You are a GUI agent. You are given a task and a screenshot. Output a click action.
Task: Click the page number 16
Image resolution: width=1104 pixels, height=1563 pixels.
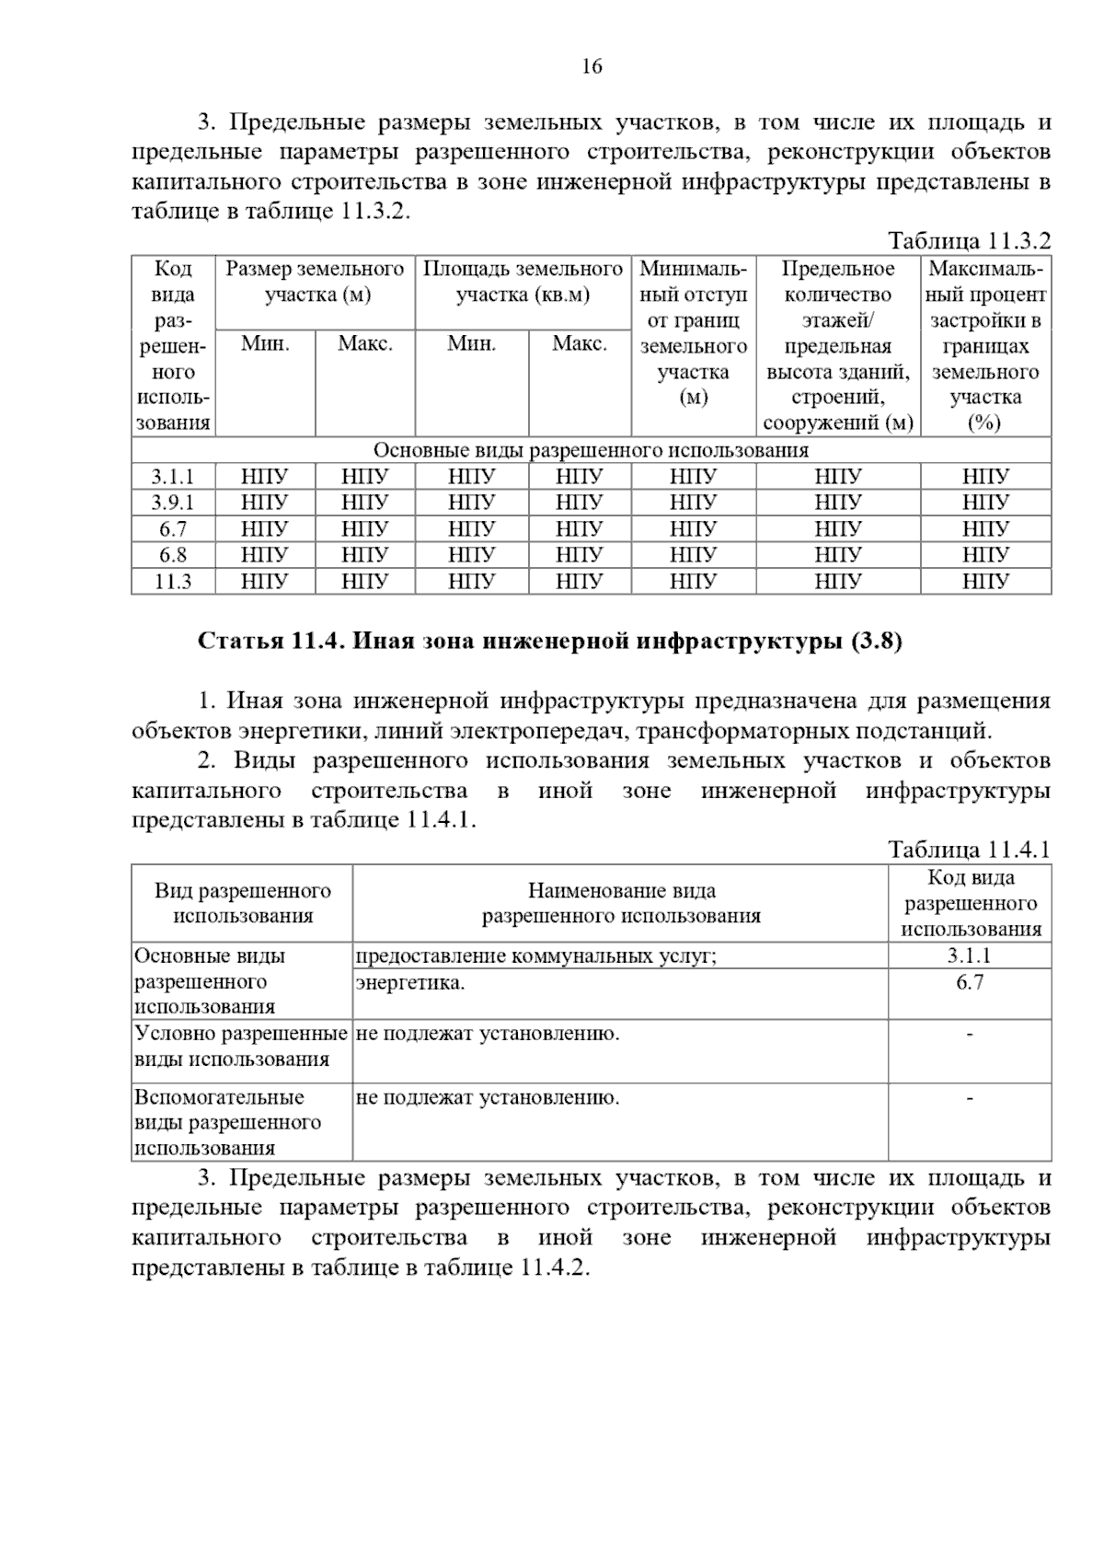pyautogui.click(x=592, y=66)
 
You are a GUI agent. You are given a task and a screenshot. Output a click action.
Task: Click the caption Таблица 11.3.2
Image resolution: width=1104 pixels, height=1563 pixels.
pyautogui.click(x=968, y=241)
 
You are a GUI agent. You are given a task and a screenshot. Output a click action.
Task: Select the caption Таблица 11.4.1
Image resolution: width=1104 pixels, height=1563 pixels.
pyautogui.click(x=968, y=850)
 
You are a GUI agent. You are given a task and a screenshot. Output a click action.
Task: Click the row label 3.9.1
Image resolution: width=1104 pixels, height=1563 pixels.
pyautogui.click(x=173, y=503)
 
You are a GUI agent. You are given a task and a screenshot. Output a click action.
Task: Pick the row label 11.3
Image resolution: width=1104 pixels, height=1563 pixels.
pyautogui.click(x=173, y=582)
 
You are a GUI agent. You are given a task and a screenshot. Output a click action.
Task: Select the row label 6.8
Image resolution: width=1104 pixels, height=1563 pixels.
pyautogui.click(x=173, y=555)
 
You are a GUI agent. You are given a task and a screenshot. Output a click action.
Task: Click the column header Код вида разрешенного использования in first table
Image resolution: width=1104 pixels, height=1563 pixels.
pyautogui.click(x=173, y=345)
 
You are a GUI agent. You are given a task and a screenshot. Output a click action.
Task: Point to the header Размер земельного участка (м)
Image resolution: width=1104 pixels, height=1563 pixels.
pyautogui.click(x=315, y=282)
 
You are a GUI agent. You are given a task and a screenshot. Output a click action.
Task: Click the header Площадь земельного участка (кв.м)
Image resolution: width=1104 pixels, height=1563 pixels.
pyautogui.click(x=523, y=282)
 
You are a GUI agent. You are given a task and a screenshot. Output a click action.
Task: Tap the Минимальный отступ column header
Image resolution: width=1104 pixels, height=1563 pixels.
pyautogui.click(x=693, y=332)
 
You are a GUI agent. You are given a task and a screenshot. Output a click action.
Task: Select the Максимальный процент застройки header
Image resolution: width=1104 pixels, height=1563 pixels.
pyautogui.click(x=985, y=345)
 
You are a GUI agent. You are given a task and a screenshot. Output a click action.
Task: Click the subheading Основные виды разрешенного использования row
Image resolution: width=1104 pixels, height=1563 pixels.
pyautogui.click(x=591, y=450)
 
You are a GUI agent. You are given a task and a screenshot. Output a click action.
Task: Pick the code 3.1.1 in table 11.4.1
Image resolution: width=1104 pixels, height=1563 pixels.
pyautogui.click(x=969, y=955)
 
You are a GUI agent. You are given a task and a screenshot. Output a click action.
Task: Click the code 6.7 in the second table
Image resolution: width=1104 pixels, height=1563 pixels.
pyautogui.click(x=969, y=982)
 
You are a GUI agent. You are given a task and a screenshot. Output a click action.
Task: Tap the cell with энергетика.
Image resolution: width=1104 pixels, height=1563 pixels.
pyautogui.click(x=410, y=983)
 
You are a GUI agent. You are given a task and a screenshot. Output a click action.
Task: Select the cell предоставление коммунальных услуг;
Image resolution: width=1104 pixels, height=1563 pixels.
pyautogui.click(x=535, y=956)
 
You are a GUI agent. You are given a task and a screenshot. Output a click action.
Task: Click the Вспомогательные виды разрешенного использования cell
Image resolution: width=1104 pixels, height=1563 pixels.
pyautogui.click(x=227, y=1122)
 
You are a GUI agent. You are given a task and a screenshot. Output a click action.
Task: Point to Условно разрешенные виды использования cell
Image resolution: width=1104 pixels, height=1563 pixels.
pyautogui.click(x=240, y=1046)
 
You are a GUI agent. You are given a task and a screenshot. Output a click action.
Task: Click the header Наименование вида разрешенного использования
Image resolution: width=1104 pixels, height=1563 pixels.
pyautogui.click(x=621, y=903)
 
